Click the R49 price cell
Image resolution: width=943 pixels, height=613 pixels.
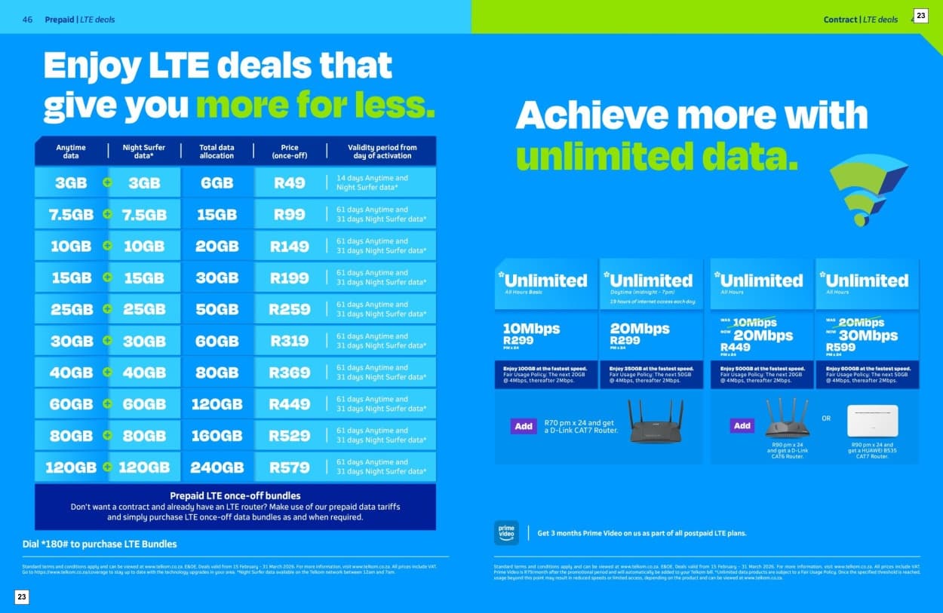tap(289, 182)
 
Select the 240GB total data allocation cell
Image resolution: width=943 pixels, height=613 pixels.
tap(217, 467)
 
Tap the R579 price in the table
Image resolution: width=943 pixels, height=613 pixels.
tap(289, 467)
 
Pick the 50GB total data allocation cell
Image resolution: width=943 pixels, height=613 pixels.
tap(217, 309)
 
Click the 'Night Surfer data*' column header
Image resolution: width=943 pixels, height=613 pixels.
tap(143, 151)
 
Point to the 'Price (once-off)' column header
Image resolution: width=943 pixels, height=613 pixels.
tap(290, 151)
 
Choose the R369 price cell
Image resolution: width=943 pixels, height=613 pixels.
tap(289, 372)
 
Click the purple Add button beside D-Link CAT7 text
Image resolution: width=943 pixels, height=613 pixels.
tap(524, 426)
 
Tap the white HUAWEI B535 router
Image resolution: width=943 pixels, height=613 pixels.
tap(872, 421)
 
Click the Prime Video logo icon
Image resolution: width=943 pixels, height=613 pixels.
tap(506, 532)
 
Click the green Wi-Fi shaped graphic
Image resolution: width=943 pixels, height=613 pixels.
tap(868, 188)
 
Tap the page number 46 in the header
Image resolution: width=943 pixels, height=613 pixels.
tap(27, 20)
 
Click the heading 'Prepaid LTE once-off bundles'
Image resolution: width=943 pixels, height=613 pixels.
tap(235, 495)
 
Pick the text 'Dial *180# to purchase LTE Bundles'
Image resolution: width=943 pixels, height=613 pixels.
tap(100, 544)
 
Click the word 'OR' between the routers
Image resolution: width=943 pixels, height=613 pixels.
tap(826, 418)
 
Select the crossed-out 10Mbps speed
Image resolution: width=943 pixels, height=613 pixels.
tap(754, 323)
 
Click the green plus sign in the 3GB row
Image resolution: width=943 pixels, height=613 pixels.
tap(107, 182)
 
